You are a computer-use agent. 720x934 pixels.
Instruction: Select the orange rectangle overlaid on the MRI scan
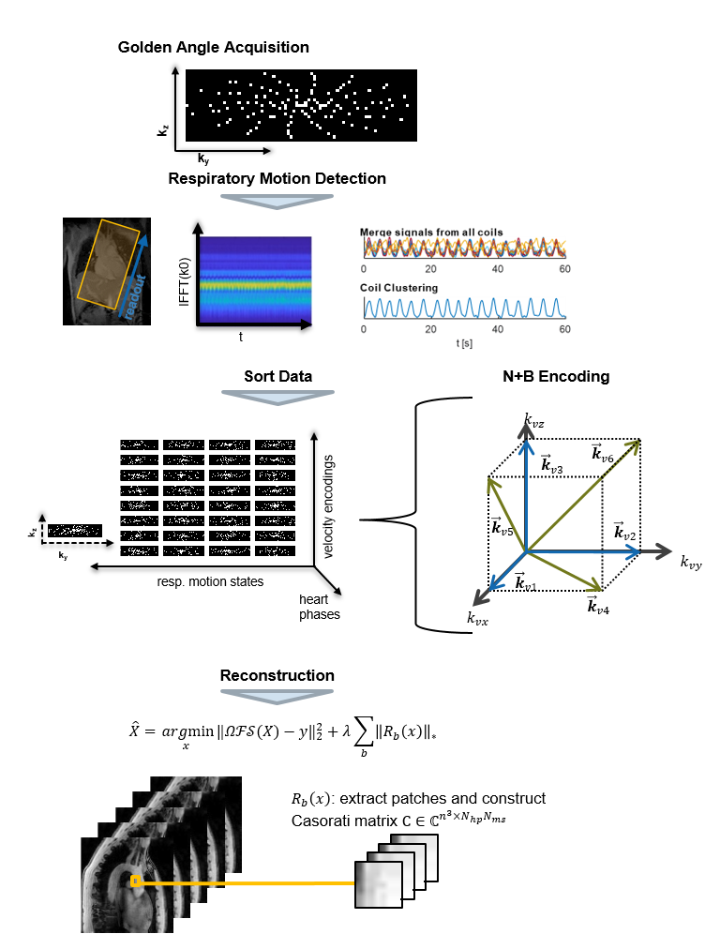click(109, 263)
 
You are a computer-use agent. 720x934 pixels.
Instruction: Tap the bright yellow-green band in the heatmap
click(255, 282)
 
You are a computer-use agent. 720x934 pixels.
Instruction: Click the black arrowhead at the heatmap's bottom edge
click(306, 324)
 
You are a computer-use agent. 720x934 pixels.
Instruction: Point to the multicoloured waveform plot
click(465, 247)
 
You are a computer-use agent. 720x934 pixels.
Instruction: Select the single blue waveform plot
click(465, 308)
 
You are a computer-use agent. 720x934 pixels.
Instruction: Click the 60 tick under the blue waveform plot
click(564, 329)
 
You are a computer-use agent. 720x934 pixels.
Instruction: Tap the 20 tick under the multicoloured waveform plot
click(430, 269)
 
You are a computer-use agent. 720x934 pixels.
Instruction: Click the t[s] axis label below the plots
click(464, 344)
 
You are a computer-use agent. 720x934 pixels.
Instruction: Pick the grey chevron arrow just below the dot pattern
click(277, 201)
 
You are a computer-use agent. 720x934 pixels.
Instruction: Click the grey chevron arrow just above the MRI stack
click(277, 696)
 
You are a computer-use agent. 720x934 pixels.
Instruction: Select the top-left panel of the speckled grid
click(139, 444)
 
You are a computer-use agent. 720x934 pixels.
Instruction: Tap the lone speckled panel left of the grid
click(74, 531)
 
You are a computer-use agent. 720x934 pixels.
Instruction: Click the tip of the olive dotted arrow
click(637, 442)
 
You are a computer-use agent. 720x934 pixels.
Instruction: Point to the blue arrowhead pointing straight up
click(527, 447)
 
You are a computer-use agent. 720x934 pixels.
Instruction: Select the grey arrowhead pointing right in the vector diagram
click(666, 551)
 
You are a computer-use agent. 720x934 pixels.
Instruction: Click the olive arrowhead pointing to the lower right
click(594, 587)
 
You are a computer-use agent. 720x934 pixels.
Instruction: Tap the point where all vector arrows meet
click(527, 551)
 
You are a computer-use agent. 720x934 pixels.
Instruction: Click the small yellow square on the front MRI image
click(135, 881)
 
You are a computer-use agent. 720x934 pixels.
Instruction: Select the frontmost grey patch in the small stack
click(378, 884)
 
